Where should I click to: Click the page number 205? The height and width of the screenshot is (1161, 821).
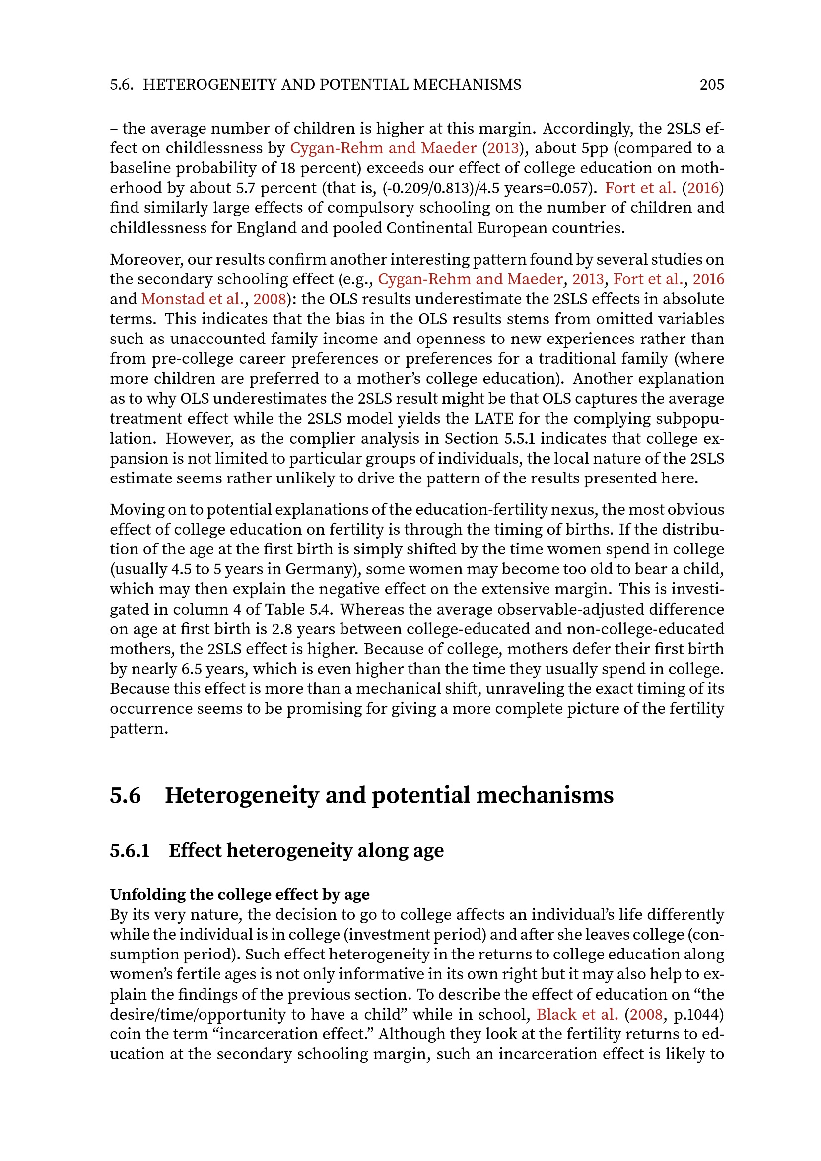point(711,84)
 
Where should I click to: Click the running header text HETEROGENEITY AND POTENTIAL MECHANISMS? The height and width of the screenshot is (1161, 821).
point(332,84)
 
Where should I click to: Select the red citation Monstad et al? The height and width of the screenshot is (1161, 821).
point(193,299)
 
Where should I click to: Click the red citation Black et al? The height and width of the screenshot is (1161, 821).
point(577,1014)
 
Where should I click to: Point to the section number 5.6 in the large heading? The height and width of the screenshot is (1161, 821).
point(126,795)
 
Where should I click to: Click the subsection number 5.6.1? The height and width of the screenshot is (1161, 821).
point(130,851)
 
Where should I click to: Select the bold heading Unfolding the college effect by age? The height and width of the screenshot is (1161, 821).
point(240,894)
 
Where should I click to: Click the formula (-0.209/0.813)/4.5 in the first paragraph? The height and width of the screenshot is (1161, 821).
point(442,188)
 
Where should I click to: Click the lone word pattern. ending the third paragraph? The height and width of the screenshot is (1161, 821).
point(138,729)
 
